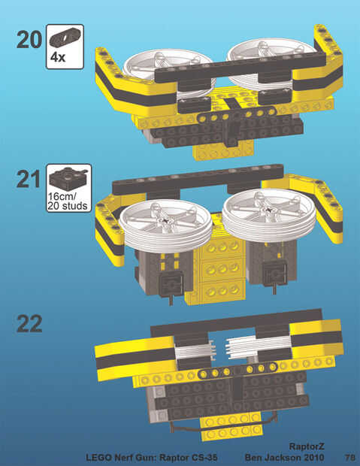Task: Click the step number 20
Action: [29, 40]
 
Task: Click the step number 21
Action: [29, 179]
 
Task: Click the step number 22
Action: [29, 324]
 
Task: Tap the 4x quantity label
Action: [58, 57]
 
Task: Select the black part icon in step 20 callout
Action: [65, 37]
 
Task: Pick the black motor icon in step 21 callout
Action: [68, 179]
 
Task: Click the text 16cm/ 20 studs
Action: [68, 201]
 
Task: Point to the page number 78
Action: [350, 457]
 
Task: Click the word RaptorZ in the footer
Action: [307, 446]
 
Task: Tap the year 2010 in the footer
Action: [313, 457]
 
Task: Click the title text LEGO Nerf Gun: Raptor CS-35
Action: [152, 457]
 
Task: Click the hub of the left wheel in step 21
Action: [165, 219]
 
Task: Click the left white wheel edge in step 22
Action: [195, 351]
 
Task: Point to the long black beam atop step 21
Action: [198, 179]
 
